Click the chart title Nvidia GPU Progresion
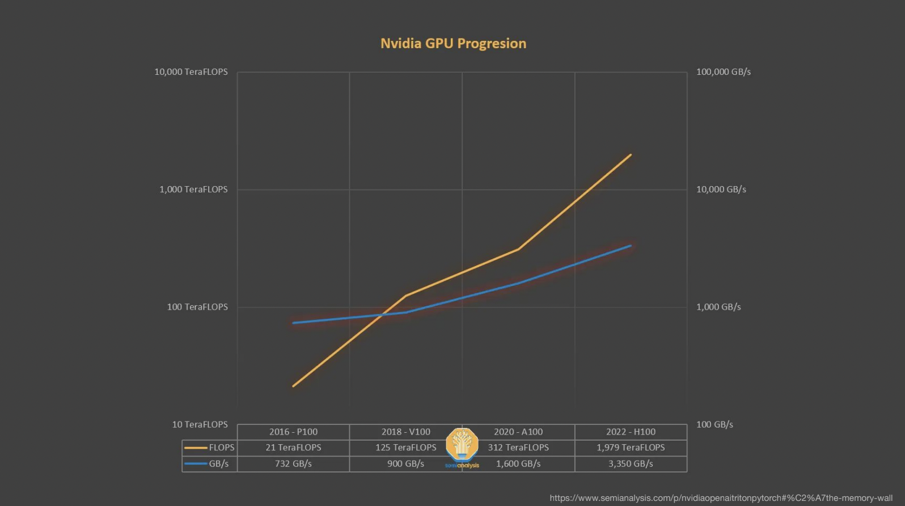click(453, 44)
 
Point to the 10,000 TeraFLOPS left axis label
click(191, 72)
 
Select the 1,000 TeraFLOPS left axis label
click(193, 189)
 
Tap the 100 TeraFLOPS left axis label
click(197, 307)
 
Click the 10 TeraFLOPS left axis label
click(200, 424)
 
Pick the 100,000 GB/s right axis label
click(724, 72)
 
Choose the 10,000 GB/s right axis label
click(721, 189)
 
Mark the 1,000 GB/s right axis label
click(718, 307)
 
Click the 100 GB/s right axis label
click(714, 424)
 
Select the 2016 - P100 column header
click(293, 432)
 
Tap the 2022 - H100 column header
click(631, 432)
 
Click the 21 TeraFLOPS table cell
click(293, 448)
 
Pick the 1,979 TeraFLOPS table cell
click(631, 448)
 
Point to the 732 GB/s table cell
click(293, 463)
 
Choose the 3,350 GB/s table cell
click(631, 463)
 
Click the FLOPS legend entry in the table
click(210, 448)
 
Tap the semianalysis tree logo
click(462, 445)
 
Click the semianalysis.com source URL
click(721, 498)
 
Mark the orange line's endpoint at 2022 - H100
click(631, 155)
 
